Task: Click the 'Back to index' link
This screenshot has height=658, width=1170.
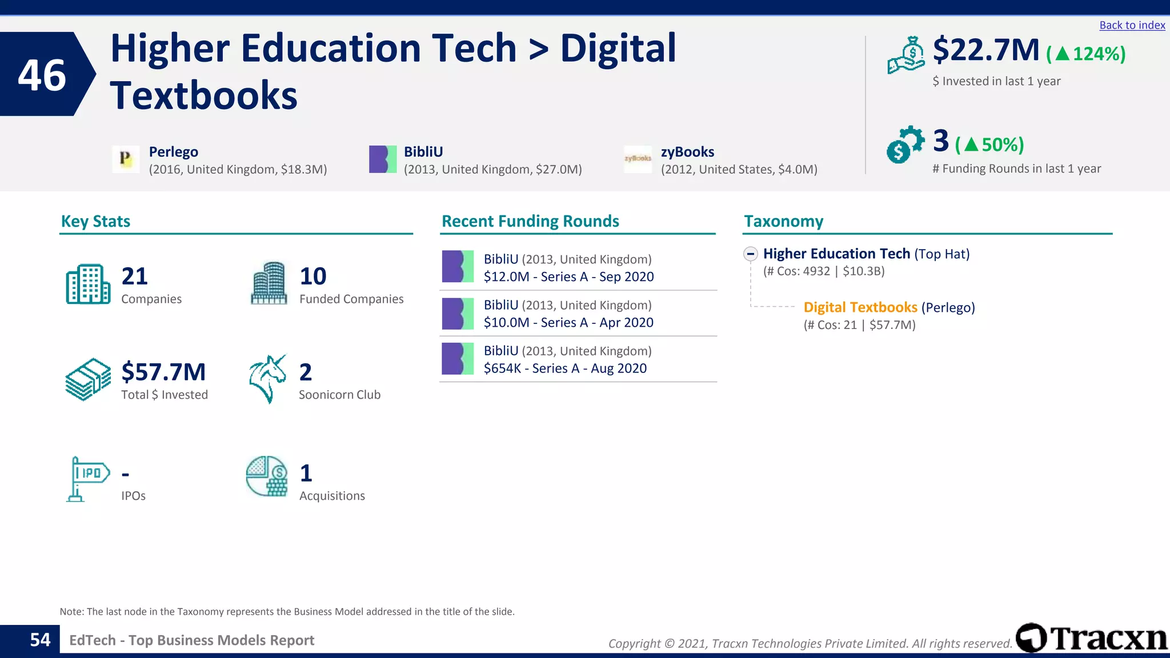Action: click(x=1132, y=25)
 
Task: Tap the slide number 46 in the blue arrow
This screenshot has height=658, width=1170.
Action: click(x=42, y=75)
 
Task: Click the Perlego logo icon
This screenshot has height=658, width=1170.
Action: click(x=126, y=159)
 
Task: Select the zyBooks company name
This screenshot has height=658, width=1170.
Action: click(x=687, y=152)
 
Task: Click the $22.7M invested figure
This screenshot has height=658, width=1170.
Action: click(x=986, y=50)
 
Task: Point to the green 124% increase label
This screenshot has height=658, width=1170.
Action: click(x=1086, y=54)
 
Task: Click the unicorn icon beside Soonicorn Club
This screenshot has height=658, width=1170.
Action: click(x=267, y=378)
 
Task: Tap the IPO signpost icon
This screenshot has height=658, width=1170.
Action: click(x=87, y=479)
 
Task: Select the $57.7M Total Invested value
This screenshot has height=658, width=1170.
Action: click(x=163, y=372)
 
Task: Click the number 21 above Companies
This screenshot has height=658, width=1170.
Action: click(x=134, y=276)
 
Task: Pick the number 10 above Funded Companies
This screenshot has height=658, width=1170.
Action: click(x=312, y=276)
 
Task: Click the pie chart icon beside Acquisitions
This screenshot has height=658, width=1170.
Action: click(x=267, y=476)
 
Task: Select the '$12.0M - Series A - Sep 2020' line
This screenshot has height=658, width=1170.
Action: click(x=568, y=277)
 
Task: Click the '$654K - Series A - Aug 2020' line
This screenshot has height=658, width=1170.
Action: click(x=565, y=368)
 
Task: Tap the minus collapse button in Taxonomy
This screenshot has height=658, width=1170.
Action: click(x=751, y=254)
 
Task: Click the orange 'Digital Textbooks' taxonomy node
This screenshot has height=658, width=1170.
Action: click(x=860, y=307)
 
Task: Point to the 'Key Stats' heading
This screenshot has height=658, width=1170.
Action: click(x=95, y=221)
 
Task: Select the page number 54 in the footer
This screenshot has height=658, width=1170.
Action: click(x=40, y=640)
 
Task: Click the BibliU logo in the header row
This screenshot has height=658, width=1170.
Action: click(x=383, y=159)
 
